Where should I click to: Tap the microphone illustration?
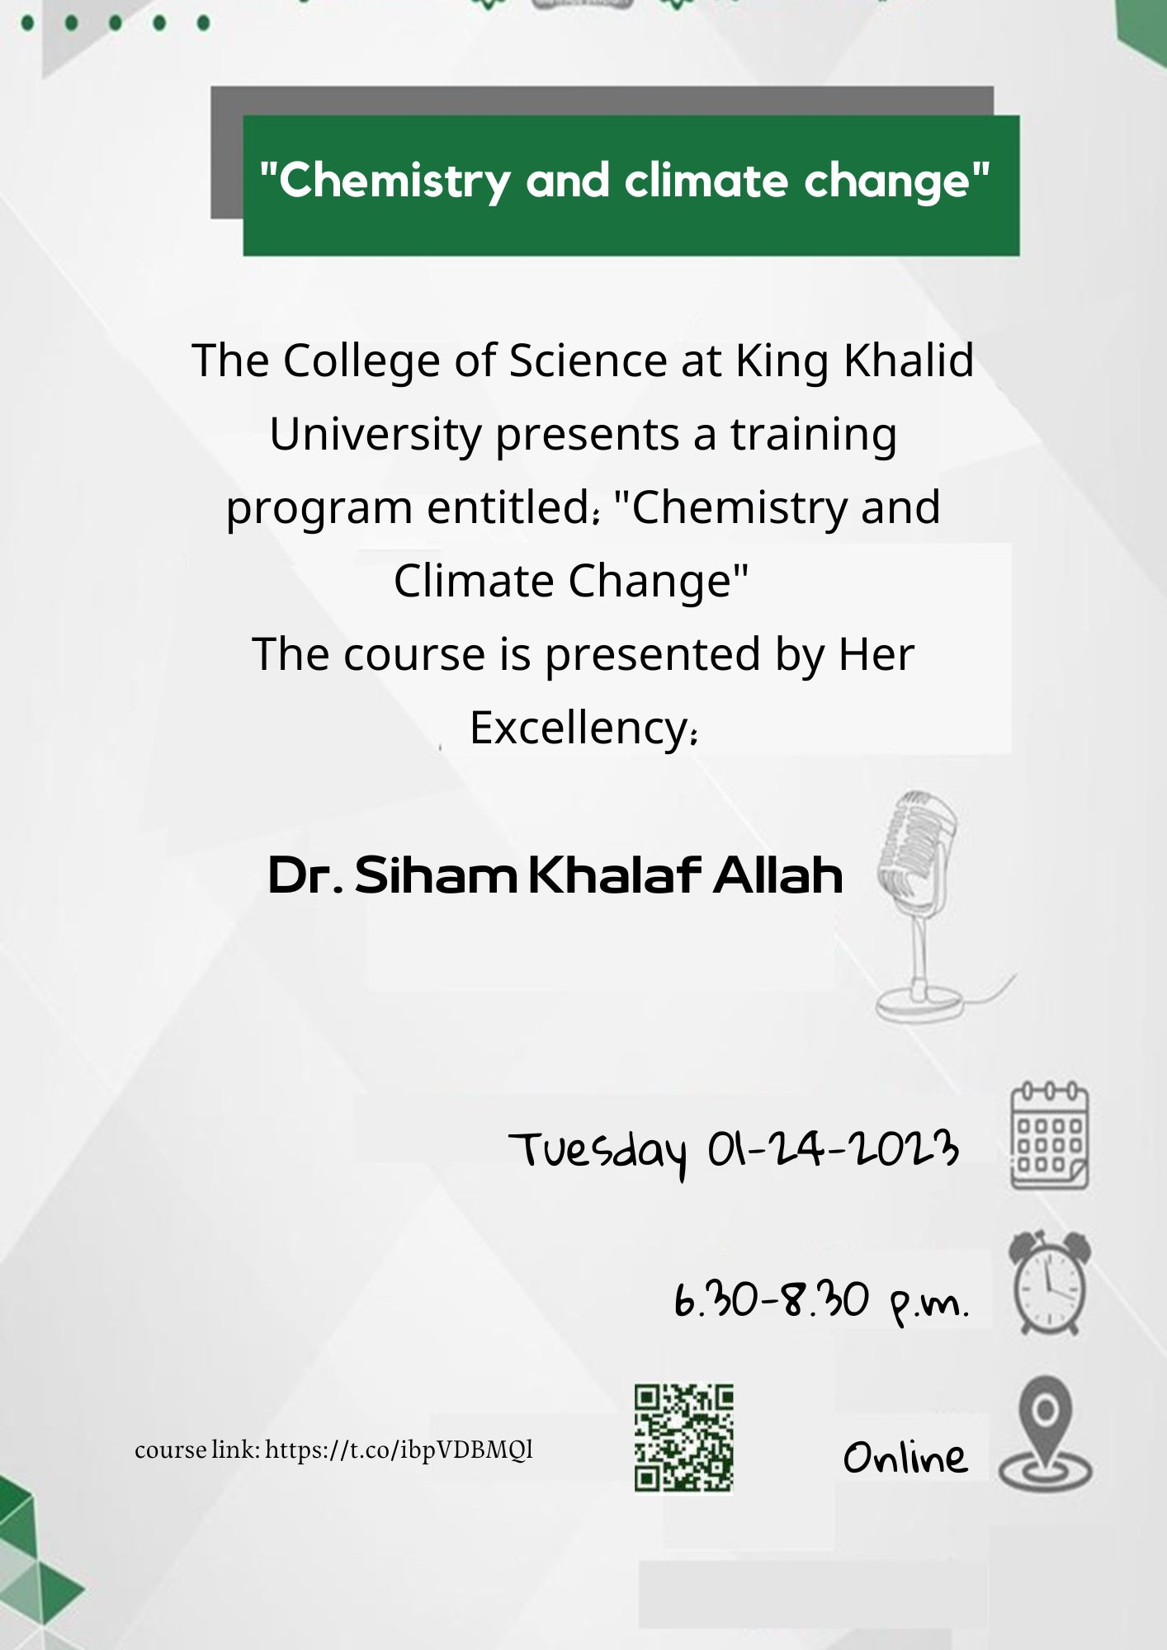[x=924, y=907]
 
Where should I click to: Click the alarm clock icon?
[x=1049, y=1282]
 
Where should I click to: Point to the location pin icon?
[x=1046, y=1436]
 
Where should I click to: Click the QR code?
[x=683, y=1438]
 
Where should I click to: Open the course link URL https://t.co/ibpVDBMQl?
[x=399, y=1450]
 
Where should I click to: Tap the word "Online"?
[x=905, y=1457]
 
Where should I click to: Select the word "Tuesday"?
[x=598, y=1153]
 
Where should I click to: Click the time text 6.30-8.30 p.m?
[x=821, y=1302]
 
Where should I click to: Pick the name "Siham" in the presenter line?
[x=436, y=875]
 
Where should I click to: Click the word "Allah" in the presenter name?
[x=778, y=875]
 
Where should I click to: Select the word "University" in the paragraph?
[x=376, y=435]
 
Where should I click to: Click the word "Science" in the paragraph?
[x=588, y=361]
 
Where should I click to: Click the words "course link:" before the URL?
[x=197, y=1450]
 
